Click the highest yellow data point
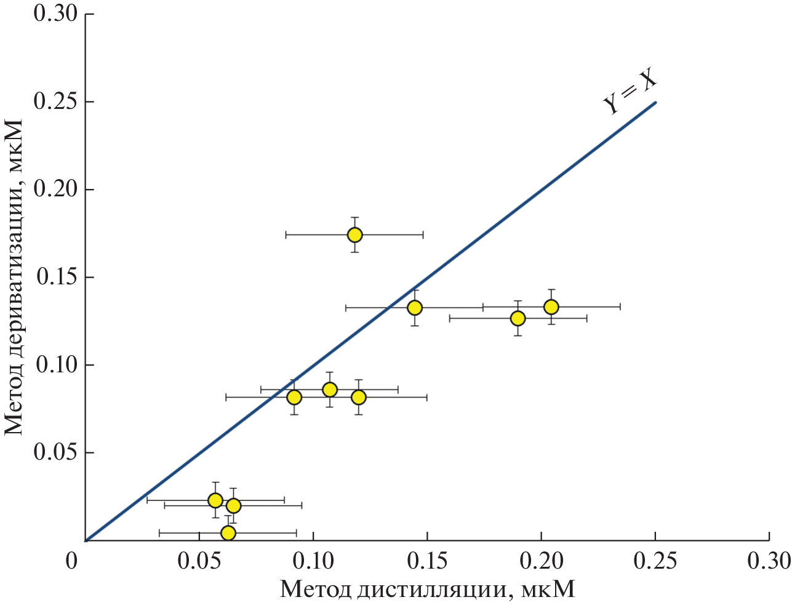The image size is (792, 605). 354,234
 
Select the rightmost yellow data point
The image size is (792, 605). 551,307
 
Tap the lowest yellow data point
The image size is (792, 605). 228,532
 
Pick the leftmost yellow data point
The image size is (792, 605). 215,500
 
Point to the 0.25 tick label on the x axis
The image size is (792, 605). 655,561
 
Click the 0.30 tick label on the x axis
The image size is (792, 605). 769,561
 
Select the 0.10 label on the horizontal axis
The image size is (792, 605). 313,561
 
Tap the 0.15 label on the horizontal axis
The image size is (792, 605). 427,561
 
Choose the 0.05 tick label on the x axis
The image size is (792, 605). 199,561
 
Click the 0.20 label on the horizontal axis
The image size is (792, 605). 541,561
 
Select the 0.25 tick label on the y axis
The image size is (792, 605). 55,102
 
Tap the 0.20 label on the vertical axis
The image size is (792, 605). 55,190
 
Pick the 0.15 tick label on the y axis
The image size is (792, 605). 55,278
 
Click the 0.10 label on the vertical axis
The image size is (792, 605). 55,365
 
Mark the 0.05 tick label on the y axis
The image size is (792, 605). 55,453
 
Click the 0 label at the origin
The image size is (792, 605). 73,561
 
